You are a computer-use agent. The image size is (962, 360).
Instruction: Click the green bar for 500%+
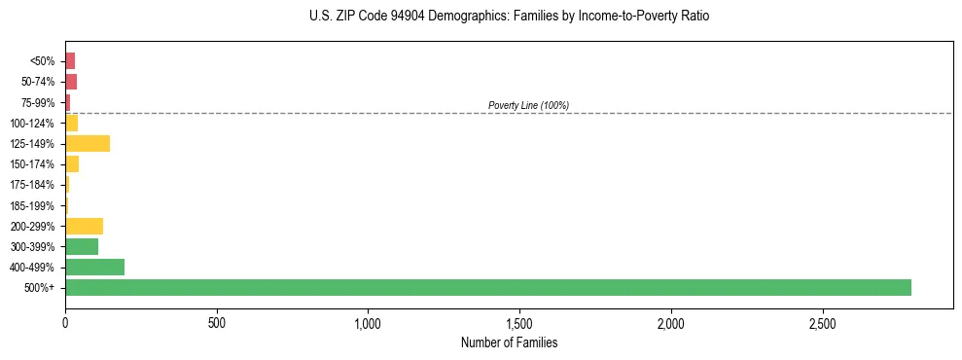click(x=487, y=287)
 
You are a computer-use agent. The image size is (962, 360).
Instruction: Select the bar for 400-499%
click(x=94, y=267)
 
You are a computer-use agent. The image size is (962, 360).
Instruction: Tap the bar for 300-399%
click(x=82, y=246)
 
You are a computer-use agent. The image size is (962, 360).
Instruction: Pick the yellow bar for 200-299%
click(x=84, y=226)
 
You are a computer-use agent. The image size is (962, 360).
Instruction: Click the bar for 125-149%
click(x=88, y=143)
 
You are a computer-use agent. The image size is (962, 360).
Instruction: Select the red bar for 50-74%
click(x=71, y=82)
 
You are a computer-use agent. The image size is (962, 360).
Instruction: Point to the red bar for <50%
click(x=70, y=61)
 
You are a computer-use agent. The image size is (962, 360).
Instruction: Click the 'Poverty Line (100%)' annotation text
click(x=528, y=105)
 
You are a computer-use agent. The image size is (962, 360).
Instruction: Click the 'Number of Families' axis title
click(x=509, y=342)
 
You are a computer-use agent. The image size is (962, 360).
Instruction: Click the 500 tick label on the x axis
click(x=217, y=322)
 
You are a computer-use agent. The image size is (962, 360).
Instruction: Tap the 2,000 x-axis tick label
click(x=671, y=322)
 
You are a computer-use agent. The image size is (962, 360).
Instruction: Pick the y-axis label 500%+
click(x=39, y=288)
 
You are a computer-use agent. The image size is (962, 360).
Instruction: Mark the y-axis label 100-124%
click(x=32, y=123)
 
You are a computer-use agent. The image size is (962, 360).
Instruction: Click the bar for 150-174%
click(x=72, y=163)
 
